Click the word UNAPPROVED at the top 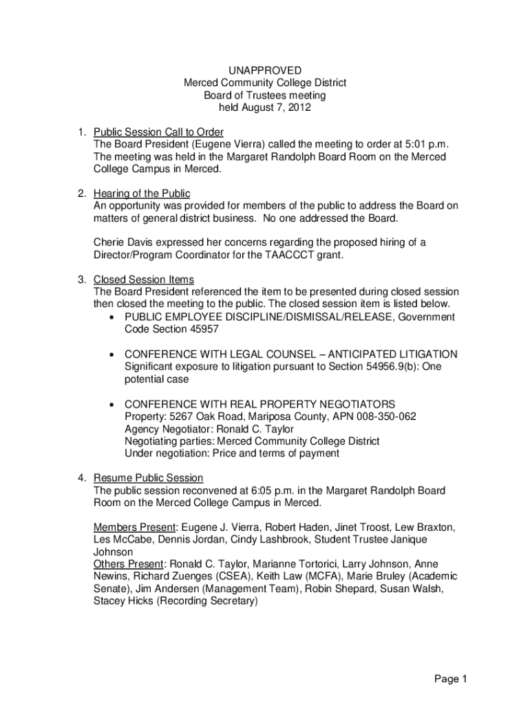[265, 70]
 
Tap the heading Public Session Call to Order [158, 132]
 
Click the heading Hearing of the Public [142, 193]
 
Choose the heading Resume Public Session [149, 478]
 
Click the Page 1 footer [451, 680]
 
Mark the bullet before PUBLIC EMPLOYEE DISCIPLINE [112, 317]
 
